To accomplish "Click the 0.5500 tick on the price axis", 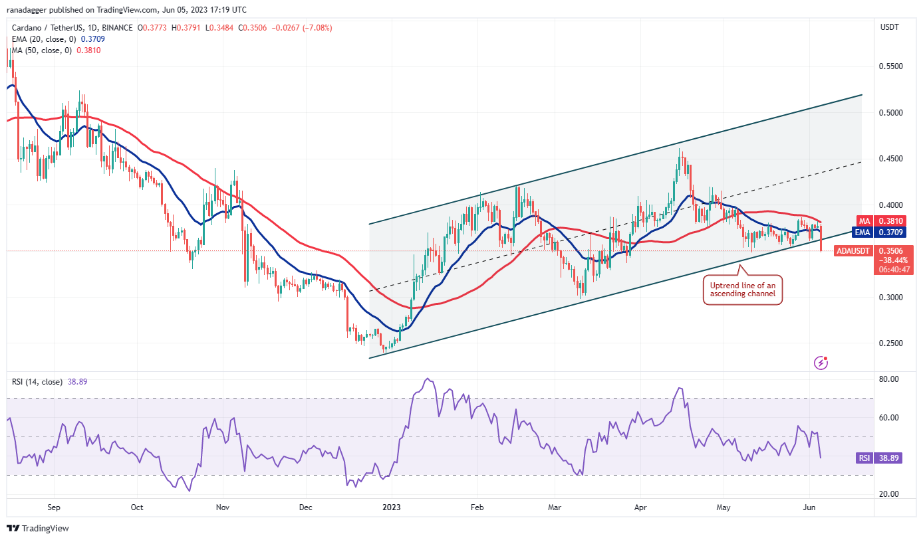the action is coord(890,66).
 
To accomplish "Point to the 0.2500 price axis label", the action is coord(890,343).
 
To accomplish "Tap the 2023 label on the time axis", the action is coord(392,507).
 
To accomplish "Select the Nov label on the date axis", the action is coord(223,507).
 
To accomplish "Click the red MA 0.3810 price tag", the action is coord(881,221).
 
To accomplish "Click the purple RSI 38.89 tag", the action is coord(879,458).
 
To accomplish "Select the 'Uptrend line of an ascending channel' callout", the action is coord(743,290).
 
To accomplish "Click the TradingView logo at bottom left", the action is coord(38,528).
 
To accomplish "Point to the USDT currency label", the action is coord(890,27).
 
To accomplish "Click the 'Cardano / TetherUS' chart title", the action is coord(48,28).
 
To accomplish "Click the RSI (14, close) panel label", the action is coord(37,381).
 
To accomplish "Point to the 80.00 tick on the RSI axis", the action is coord(889,379).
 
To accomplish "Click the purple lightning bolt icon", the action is coord(821,363).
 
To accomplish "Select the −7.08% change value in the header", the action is coord(317,28).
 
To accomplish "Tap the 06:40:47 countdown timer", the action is coord(894,270).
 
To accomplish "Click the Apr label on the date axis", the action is coord(640,507).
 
